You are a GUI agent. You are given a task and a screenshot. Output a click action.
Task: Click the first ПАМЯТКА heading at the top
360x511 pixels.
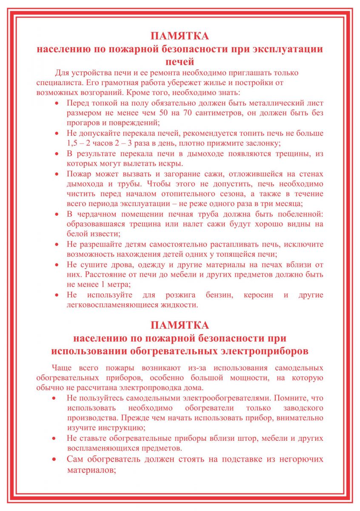[180, 35]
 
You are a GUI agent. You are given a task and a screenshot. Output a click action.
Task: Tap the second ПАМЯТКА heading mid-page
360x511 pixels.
[180, 325]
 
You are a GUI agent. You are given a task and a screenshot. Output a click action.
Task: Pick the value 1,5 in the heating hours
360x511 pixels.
[73, 143]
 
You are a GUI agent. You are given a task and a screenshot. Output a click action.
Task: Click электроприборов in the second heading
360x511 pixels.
[264, 352]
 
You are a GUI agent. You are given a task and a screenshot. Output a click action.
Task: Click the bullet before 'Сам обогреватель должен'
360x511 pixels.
[54, 459]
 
